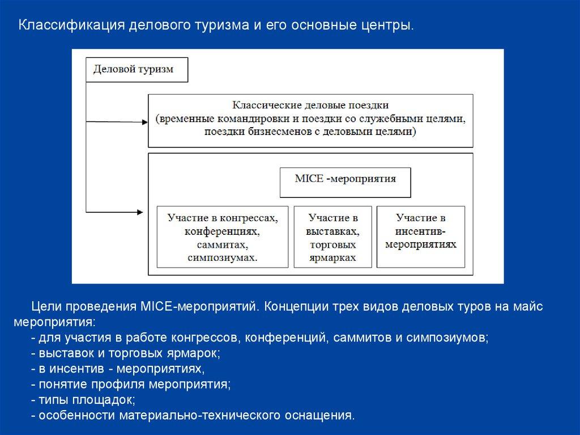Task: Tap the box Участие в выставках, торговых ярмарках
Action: coord(333,237)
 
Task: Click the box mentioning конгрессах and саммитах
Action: coord(222,237)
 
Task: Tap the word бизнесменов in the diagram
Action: coord(261,132)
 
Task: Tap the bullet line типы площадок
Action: coord(83,400)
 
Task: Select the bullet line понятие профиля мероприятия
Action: coord(131,384)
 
